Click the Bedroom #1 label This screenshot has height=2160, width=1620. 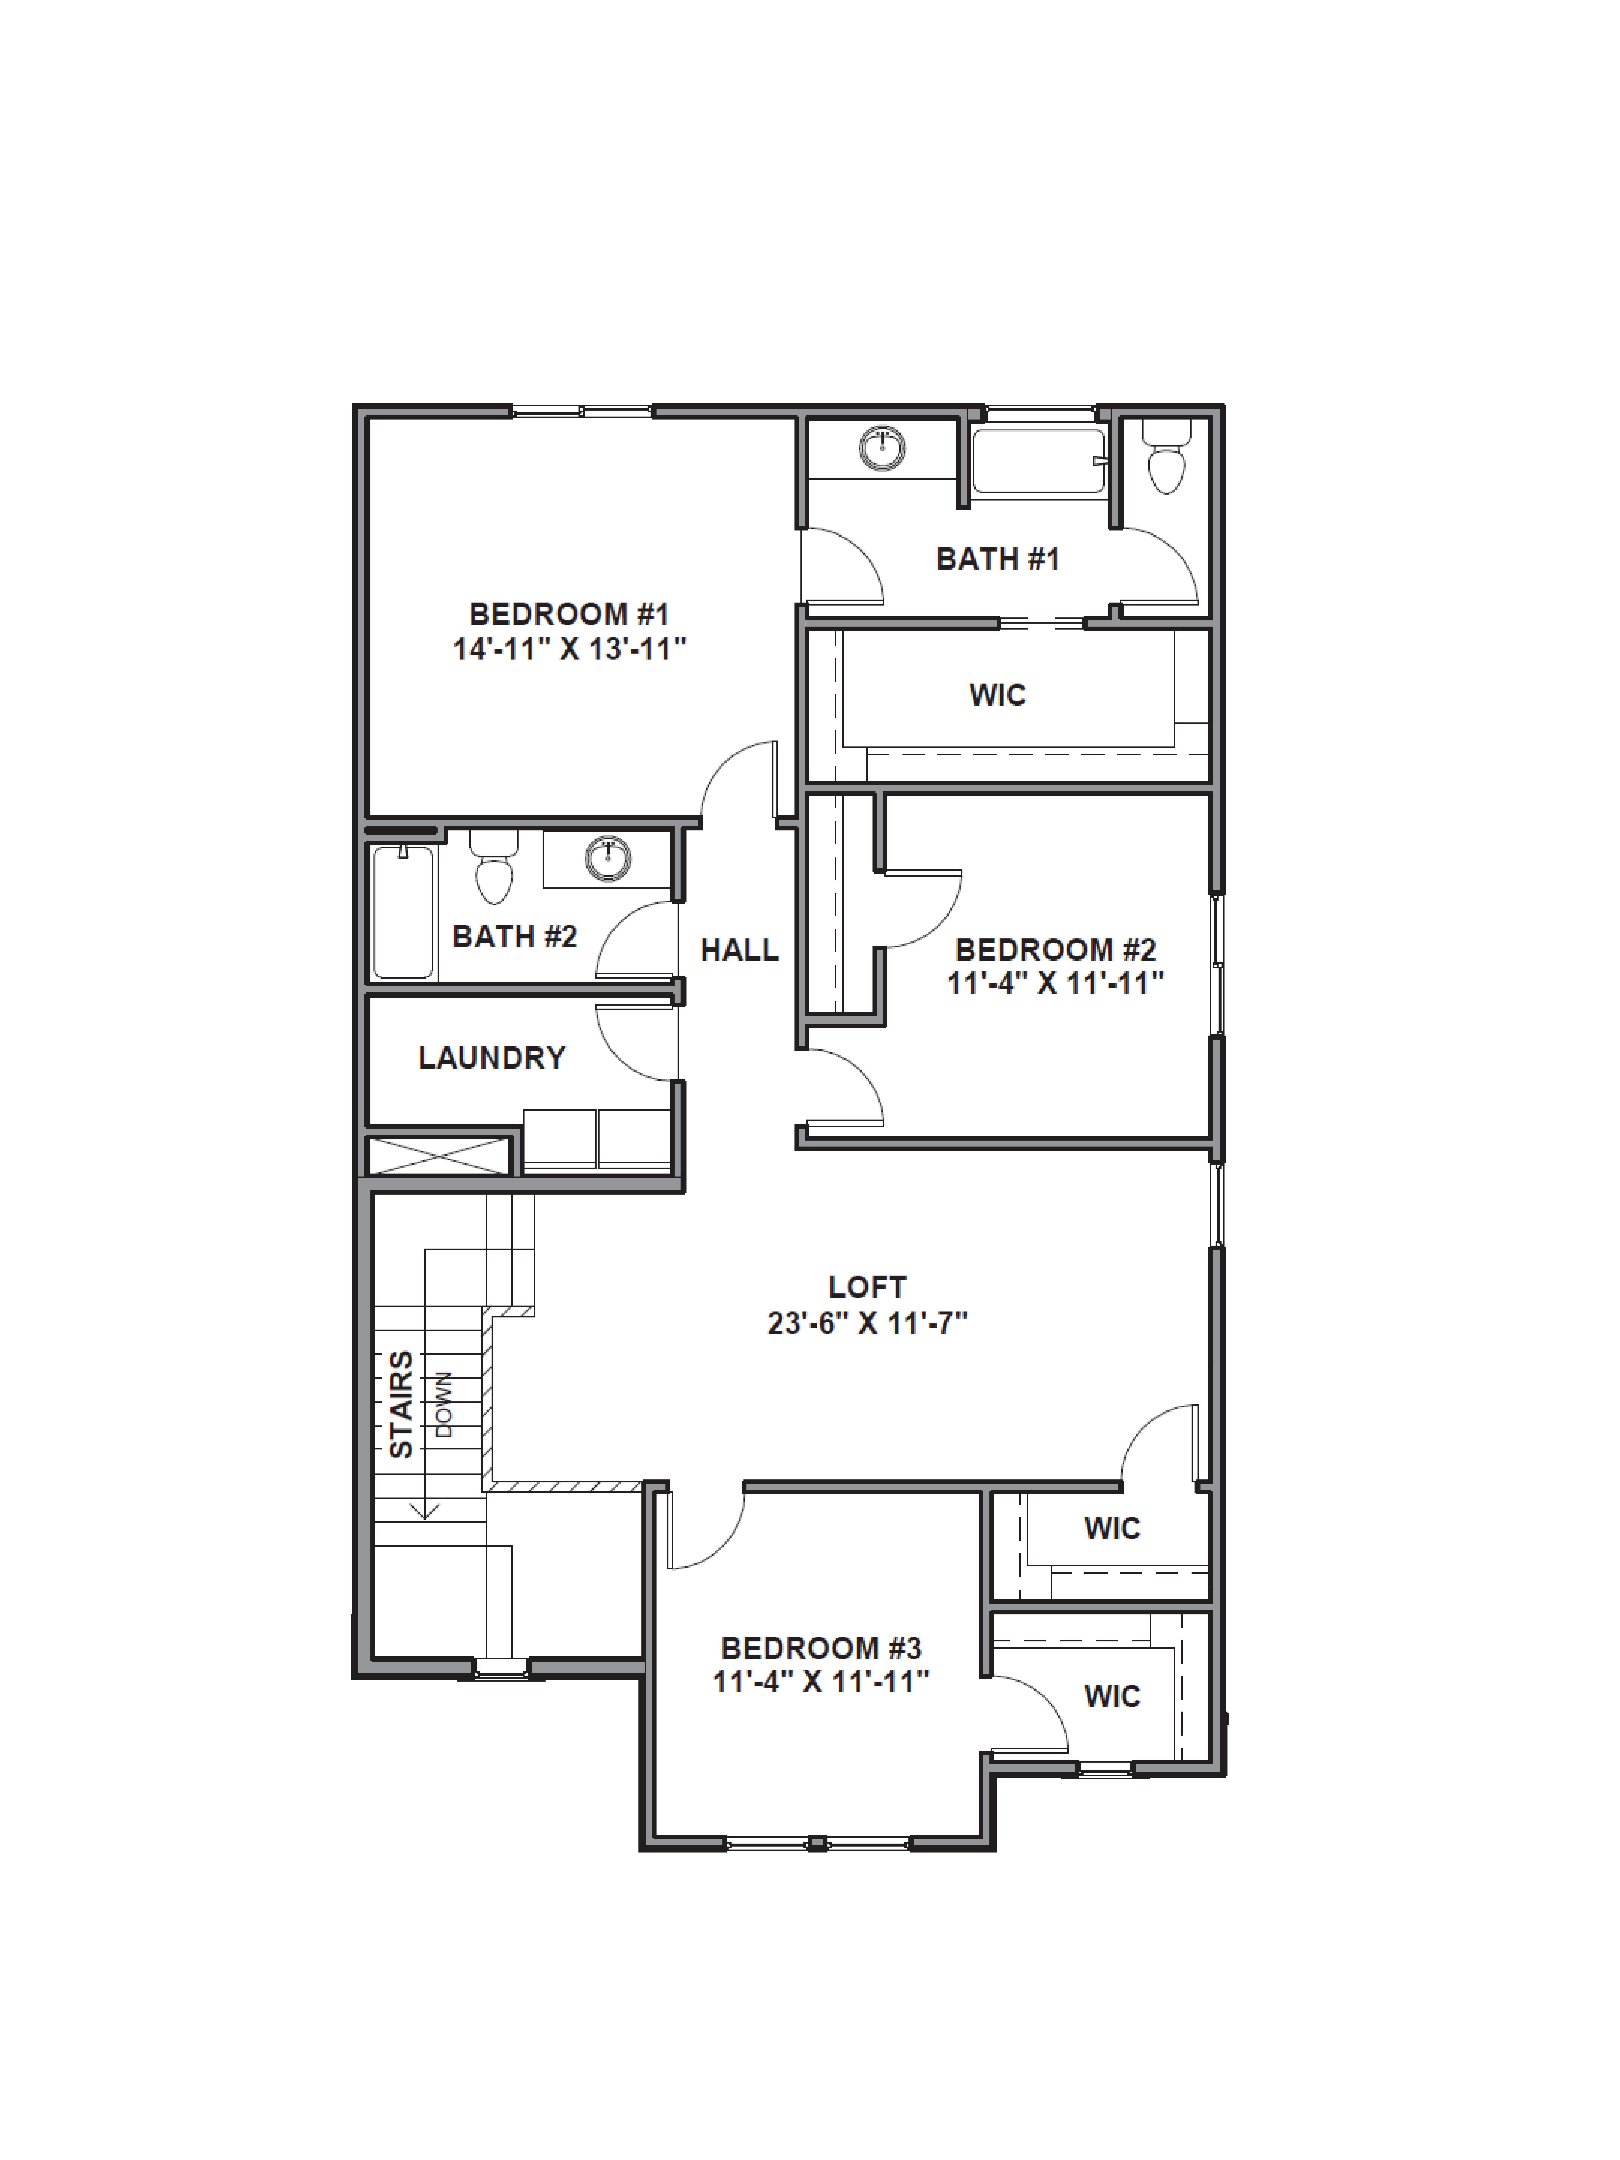[x=568, y=614]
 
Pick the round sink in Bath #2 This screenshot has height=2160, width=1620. [x=607, y=858]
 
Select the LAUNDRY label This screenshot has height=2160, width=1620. [x=491, y=1057]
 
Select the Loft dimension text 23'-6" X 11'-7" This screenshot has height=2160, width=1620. [x=867, y=1323]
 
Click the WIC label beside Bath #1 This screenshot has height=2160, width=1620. [x=997, y=695]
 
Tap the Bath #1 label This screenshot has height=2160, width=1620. [x=997, y=559]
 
